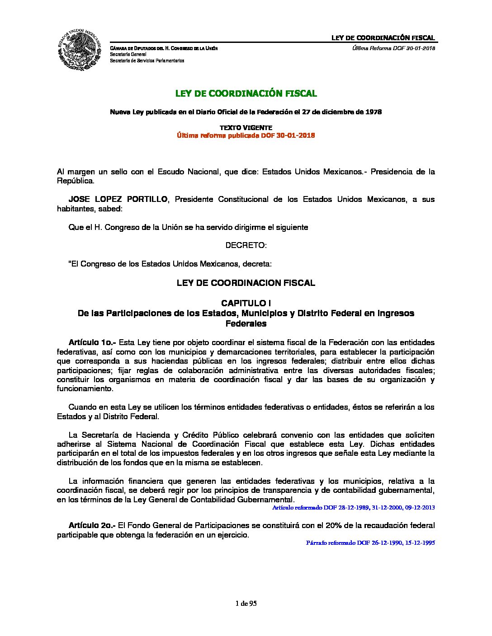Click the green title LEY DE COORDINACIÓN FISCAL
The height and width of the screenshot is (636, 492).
pos(246,94)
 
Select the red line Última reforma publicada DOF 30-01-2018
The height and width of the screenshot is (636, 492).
pos(246,136)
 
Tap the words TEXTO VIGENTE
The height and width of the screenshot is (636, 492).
pos(246,128)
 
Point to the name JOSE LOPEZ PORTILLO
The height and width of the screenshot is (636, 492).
pos(118,199)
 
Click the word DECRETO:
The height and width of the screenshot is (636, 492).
pos(246,245)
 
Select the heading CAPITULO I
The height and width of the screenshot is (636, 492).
pos(246,303)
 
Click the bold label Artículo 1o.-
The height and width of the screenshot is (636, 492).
pos(92,342)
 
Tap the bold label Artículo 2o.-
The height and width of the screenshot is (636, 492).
pos(92,525)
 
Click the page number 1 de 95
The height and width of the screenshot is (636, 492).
pos(246,603)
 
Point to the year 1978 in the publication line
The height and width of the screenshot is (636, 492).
pos(373,112)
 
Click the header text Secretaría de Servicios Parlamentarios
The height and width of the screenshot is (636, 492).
pos(147,61)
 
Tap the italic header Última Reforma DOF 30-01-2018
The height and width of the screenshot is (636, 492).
pos(393,48)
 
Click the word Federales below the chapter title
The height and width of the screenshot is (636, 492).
pos(246,323)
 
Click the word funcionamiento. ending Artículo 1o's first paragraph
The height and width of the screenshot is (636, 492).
pos(85,388)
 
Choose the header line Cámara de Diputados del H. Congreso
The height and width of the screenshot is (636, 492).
pos(164,48)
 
